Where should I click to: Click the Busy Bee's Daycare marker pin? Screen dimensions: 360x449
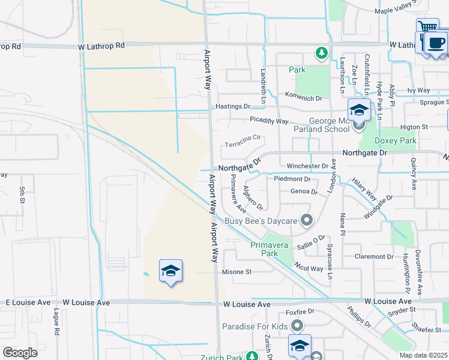coord(307,221)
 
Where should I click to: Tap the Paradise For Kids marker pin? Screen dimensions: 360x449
coord(297,326)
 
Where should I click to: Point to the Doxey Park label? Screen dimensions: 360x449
coord(395,140)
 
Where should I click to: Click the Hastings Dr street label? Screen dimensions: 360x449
coord(233,106)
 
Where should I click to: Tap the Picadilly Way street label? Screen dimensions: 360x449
coord(269,121)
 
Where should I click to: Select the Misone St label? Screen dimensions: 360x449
coord(237,272)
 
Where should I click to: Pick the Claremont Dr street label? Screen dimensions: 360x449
coord(373,256)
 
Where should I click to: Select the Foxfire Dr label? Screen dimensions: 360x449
coord(300,312)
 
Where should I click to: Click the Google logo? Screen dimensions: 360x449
coord(20,352)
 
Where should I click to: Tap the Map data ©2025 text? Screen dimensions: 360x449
coord(423,356)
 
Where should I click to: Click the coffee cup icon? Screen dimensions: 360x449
coord(436,43)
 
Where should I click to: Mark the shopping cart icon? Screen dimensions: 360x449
coord(427,27)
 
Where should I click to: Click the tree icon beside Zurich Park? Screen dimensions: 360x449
coord(253,356)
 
